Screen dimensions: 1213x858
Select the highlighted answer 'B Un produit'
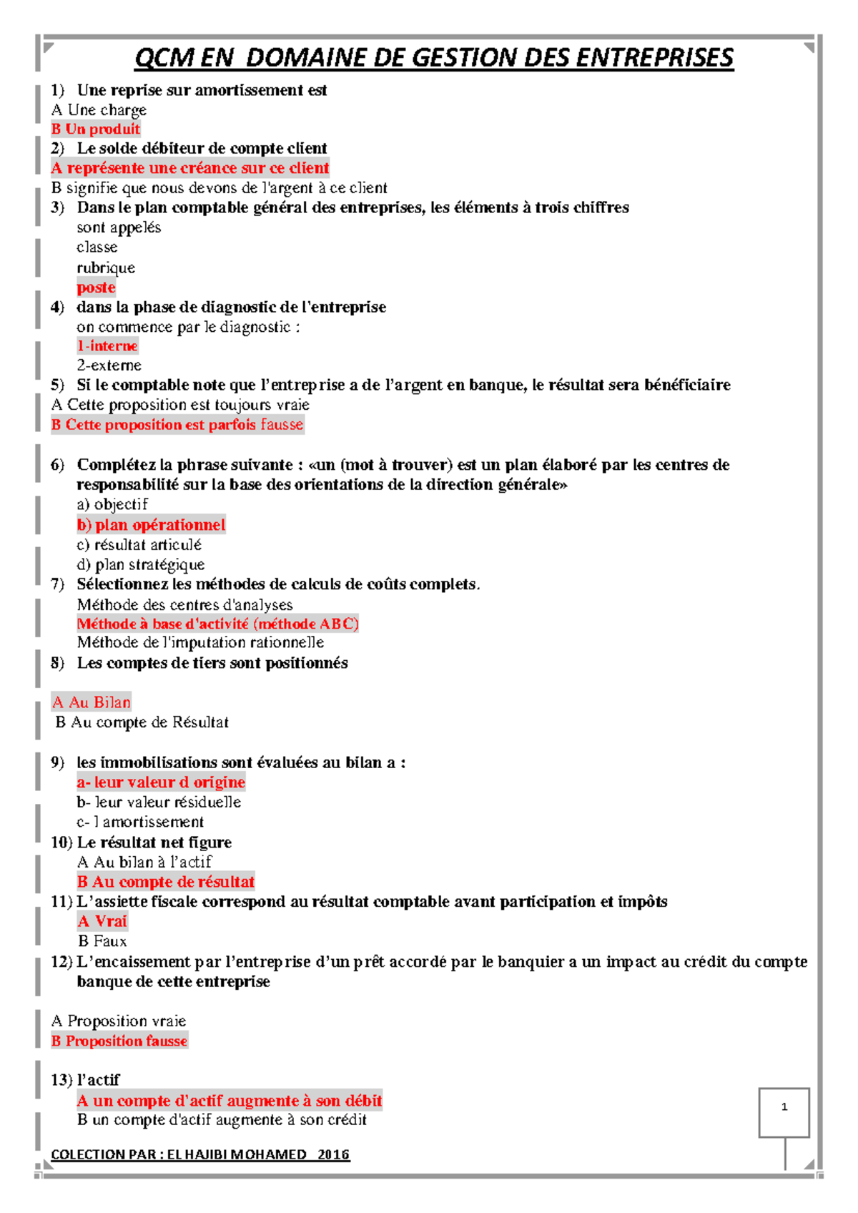[x=96, y=129]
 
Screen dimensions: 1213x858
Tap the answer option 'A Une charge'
[x=99, y=110]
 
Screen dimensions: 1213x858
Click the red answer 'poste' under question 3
[x=96, y=288]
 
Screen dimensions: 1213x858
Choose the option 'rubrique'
[x=106, y=267]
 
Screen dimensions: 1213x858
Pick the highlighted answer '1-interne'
[x=107, y=346]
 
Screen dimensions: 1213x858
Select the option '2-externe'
[x=109, y=365]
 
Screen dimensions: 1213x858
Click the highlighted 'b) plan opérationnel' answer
[x=151, y=525]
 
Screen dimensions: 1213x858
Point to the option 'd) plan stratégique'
[x=141, y=564]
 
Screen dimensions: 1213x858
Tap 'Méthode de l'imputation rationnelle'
[x=200, y=643]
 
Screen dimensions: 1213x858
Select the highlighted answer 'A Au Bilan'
[x=92, y=702]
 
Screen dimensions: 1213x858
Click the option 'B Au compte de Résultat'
[x=142, y=722]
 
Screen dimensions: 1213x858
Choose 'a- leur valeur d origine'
[x=161, y=782]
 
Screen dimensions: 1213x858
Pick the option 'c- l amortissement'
[x=140, y=822]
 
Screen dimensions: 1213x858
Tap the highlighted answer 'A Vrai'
[x=102, y=921]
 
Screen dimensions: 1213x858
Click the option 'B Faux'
[x=102, y=941]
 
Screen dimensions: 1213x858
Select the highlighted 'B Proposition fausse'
[x=119, y=1041]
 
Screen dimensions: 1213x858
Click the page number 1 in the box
[x=784, y=1107]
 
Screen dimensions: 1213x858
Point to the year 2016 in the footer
[x=334, y=1154]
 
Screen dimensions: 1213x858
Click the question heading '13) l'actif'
[x=85, y=1080]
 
